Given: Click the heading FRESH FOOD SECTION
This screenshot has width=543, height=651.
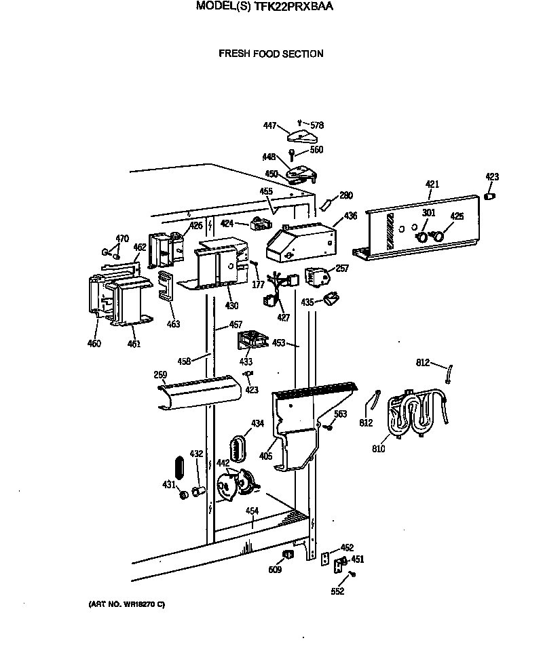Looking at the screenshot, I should pos(271,54).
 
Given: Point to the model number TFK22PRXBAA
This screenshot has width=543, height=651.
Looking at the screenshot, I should pos(294,7).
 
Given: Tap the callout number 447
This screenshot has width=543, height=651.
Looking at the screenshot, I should pos(270,125).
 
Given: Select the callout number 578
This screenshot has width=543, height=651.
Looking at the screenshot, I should pos(317,125).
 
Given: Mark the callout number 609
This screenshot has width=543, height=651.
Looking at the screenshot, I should pos(274,570).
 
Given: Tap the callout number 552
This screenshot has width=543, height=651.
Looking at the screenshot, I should pos(337,591).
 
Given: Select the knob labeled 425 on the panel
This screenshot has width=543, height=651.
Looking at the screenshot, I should pos(439,236).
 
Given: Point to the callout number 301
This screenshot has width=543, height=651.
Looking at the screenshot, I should pos(428,214).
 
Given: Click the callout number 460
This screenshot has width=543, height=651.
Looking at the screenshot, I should pos(94,344).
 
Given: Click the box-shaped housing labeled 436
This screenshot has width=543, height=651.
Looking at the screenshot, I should pos(299,241).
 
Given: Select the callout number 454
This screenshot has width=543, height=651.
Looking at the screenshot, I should pos(252,511).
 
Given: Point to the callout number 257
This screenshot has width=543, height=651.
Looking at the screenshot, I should pos(342,269).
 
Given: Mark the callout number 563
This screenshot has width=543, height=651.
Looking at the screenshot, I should pos(340,414).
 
